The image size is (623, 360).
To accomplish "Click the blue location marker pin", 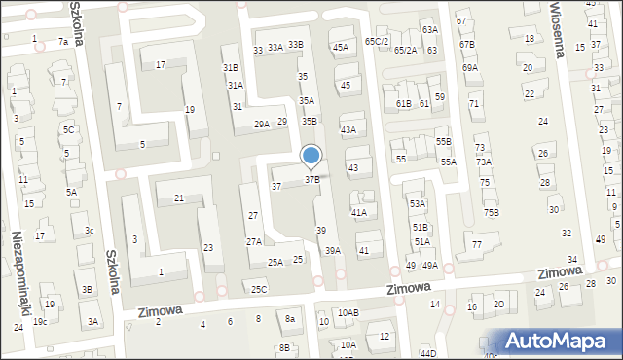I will pos(311,156).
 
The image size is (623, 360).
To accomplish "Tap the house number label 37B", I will pos(312,179).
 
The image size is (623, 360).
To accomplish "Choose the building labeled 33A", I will pos(275,47).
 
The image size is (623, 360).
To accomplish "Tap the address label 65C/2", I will pos(377,41).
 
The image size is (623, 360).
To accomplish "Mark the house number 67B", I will pos(467,44).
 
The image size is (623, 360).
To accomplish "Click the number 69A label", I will pos(470,68).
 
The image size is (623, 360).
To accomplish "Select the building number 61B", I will pos(404,103).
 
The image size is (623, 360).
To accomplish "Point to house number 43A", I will pos(348,129).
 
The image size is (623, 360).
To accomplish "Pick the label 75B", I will pos(491,212).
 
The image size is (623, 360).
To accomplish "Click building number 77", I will pos(476,243).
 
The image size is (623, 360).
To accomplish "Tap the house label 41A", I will pos(358,212).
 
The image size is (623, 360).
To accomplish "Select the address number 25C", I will pos(258,289).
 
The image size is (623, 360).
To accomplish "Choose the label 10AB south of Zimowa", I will pos(348,312).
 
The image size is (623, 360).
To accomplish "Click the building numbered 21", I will pos(179,198).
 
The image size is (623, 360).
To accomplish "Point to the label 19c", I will pos(40,321).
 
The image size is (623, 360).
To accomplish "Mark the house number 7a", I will pos(63,42).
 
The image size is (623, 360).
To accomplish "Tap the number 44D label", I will pos(428,352).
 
